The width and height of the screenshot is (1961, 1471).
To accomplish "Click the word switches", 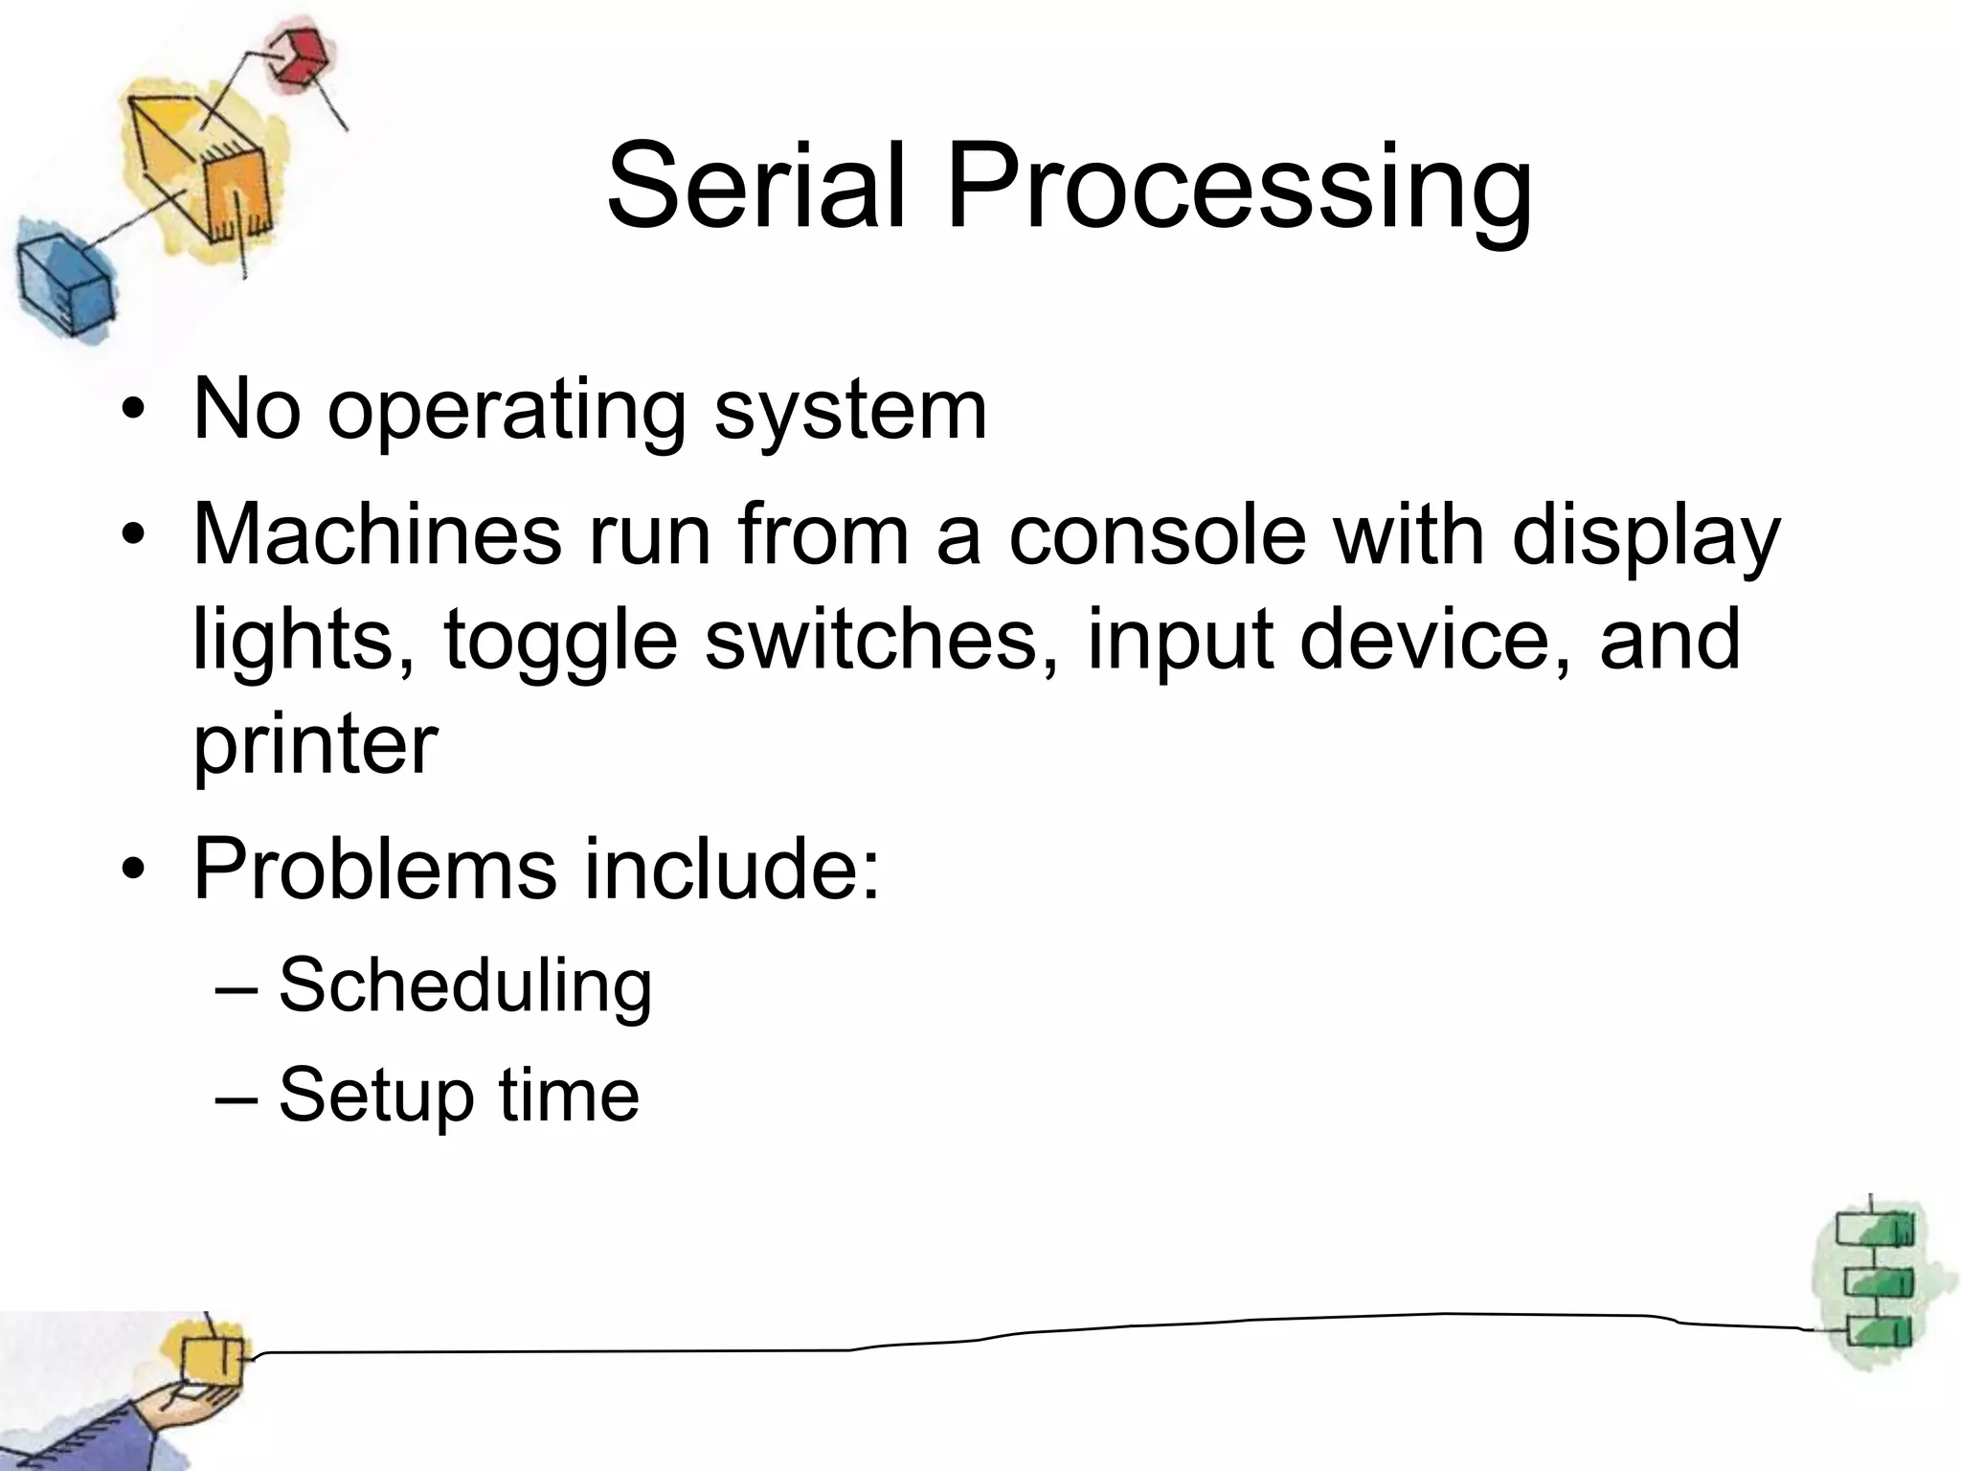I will (x=872, y=639).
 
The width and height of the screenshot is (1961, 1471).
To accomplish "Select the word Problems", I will (x=374, y=868).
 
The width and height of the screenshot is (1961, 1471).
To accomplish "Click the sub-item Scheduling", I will (x=465, y=985).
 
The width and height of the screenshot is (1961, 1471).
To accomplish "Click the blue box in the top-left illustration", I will (x=62, y=283).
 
